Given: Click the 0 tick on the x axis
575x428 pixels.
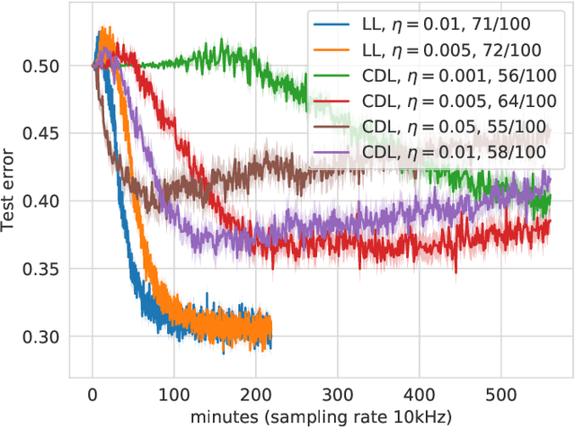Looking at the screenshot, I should (x=92, y=394).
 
